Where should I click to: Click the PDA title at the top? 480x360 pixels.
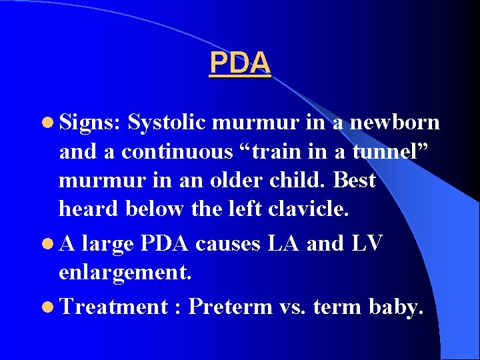239,63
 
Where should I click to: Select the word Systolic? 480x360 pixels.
167,123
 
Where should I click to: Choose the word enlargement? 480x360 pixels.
116,273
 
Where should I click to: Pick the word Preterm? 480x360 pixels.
231,307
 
